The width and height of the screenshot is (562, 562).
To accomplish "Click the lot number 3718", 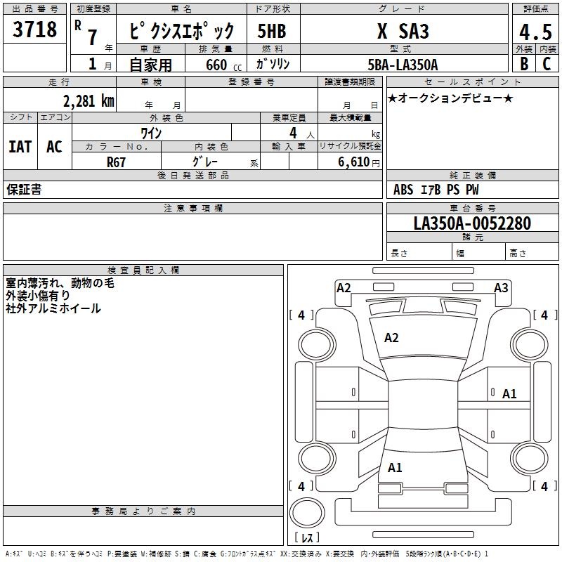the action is (x=34, y=30).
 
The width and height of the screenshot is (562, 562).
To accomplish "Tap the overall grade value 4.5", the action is (x=535, y=32).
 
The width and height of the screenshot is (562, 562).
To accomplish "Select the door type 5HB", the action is (x=272, y=31).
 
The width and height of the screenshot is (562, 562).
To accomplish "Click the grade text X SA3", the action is (x=403, y=31).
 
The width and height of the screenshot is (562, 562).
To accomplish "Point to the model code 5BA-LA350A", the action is (x=403, y=65).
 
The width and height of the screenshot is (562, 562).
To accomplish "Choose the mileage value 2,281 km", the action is (x=89, y=101).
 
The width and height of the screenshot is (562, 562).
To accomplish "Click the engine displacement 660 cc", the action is (x=223, y=65).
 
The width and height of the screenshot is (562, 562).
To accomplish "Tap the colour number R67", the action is (x=116, y=162).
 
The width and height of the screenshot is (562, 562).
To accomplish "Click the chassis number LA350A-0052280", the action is (x=472, y=223).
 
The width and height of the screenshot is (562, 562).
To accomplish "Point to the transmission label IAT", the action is (x=20, y=147).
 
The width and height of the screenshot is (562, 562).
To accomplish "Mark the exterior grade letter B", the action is (x=524, y=64).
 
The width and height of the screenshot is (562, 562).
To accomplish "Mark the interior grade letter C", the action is (x=547, y=64).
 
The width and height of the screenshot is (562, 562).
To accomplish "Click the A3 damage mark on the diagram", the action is (x=501, y=288).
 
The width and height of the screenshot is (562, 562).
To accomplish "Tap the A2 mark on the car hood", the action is (x=391, y=338).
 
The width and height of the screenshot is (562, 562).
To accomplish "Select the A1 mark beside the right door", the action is (x=509, y=394).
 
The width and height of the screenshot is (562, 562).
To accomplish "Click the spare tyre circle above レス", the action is (x=307, y=512).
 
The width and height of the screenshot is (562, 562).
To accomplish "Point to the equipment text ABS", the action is (x=403, y=190).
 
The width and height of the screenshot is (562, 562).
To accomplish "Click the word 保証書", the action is (x=24, y=190).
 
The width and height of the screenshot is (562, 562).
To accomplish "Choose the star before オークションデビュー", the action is (x=392, y=98).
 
